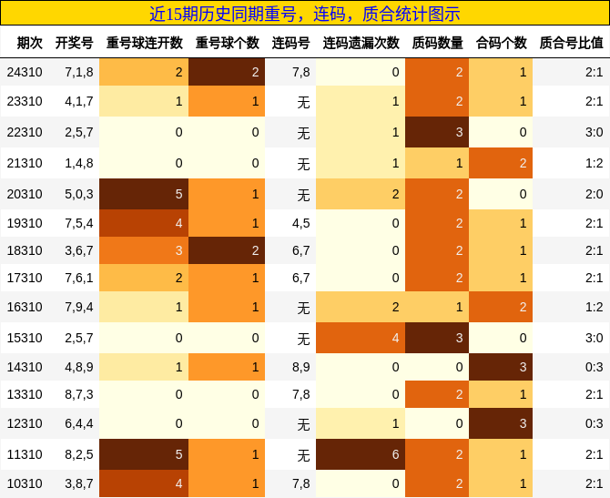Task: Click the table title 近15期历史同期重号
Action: pyautogui.click(x=304, y=14)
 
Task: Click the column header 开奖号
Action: pyautogui.click(x=74, y=43)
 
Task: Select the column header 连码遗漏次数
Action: pyautogui.click(x=361, y=43)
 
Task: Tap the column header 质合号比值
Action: pyautogui.click(x=571, y=43)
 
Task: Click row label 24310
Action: pyautogui.click(x=24, y=72)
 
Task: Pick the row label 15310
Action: pyautogui.click(x=24, y=338)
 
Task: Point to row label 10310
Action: pyautogui.click(x=24, y=483)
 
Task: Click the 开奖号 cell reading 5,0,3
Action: pyautogui.click(x=79, y=194)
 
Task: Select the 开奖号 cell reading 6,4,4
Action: pyautogui.click(x=79, y=425)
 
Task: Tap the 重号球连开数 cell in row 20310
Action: pyautogui.click(x=144, y=194)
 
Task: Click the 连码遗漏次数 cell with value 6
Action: pyautogui.click(x=361, y=454)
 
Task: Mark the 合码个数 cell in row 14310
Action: pyautogui.click(x=502, y=367)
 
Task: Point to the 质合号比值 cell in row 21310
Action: pyautogui.click(x=571, y=163)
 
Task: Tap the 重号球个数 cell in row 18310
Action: pyautogui.click(x=227, y=250)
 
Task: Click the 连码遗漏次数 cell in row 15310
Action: pyautogui.click(x=361, y=338)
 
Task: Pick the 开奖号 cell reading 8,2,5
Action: pyautogui.click(x=79, y=454)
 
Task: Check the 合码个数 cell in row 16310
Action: pyautogui.click(x=502, y=307)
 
